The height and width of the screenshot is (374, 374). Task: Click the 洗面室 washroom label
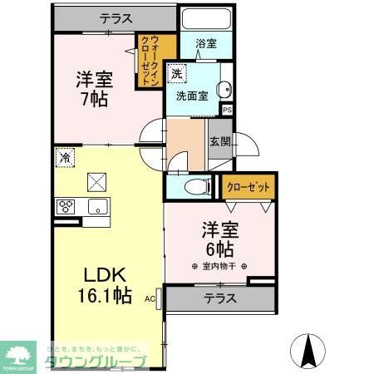(x=191, y=96)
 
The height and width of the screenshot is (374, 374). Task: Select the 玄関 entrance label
(x=219, y=140)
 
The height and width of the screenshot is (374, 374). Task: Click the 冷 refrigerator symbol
(x=64, y=156)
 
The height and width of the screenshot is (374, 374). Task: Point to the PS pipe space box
(x=227, y=108)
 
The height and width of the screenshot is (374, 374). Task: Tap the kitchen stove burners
(x=66, y=206)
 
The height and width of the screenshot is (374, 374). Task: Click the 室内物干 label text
(x=220, y=267)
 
